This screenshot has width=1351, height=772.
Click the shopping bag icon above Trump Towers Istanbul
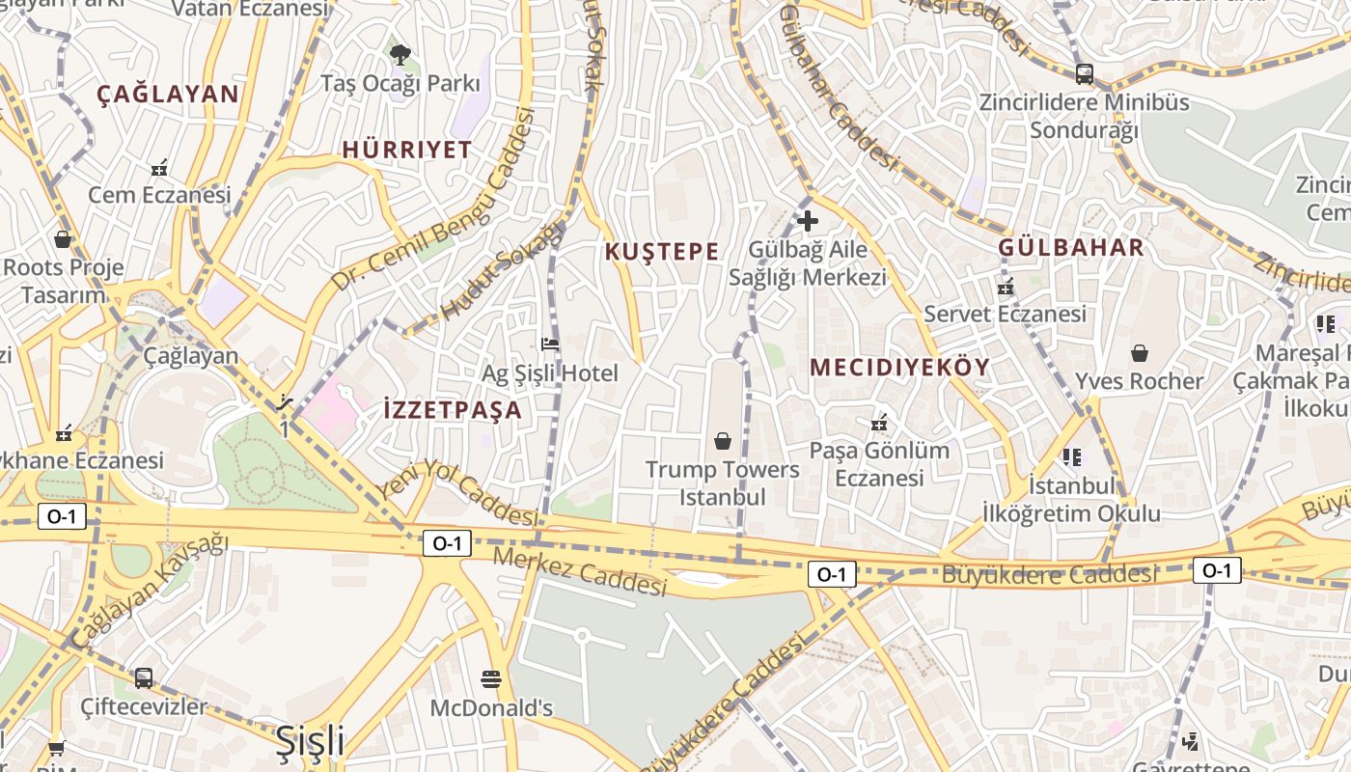(x=723, y=441)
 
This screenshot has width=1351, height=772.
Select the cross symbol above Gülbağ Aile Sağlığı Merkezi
(x=808, y=221)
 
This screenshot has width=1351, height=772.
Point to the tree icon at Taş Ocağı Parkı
(x=399, y=53)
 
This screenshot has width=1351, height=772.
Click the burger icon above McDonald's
(x=491, y=678)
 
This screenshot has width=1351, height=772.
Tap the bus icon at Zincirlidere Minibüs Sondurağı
(x=1085, y=73)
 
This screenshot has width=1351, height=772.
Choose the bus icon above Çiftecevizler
(x=144, y=677)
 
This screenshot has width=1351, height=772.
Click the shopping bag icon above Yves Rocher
(x=1140, y=353)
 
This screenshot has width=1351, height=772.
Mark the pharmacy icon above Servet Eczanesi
(x=1006, y=287)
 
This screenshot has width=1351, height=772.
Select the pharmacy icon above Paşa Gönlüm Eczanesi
(x=879, y=423)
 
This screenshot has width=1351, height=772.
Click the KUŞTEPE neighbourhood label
(x=662, y=252)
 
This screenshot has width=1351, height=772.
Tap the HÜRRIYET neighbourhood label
(x=407, y=150)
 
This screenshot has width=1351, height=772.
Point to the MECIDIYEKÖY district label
(x=900, y=368)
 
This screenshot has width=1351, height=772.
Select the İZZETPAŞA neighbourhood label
(x=453, y=409)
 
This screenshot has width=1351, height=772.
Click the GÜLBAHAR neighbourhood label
(x=1071, y=247)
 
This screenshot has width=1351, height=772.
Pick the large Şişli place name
(x=310, y=741)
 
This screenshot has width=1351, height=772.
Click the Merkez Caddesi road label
(x=579, y=571)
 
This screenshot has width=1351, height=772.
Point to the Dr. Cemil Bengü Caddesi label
(x=433, y=201)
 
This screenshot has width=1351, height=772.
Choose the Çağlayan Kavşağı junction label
(x=150, y=590)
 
